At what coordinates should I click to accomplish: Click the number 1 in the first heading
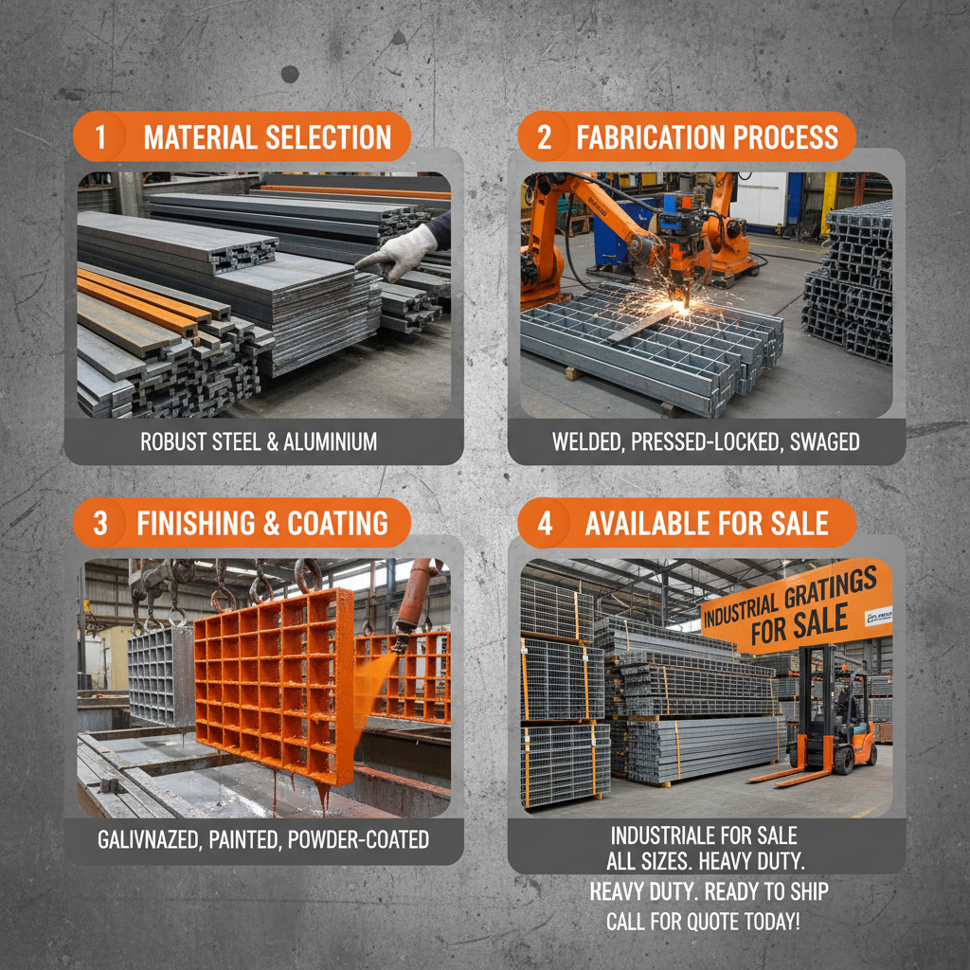coord(100,137)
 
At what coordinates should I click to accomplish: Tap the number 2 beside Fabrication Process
coord(545,137)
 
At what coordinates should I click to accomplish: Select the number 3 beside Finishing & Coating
coord(100,523)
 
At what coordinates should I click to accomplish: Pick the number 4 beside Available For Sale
coord(545,523)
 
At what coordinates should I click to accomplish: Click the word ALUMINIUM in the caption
coord(327,441)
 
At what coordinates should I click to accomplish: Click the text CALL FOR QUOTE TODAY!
coord(703,921)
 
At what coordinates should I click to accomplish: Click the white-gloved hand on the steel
coord(396,255)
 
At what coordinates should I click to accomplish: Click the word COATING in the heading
coord(339,523)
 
